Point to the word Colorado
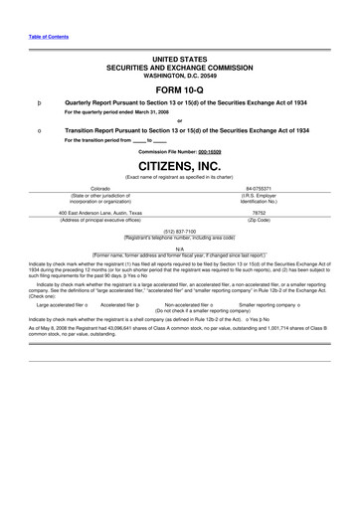[x=100, y=187]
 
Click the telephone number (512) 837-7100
[x=179, y=230]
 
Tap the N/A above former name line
[x=179, y=249]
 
